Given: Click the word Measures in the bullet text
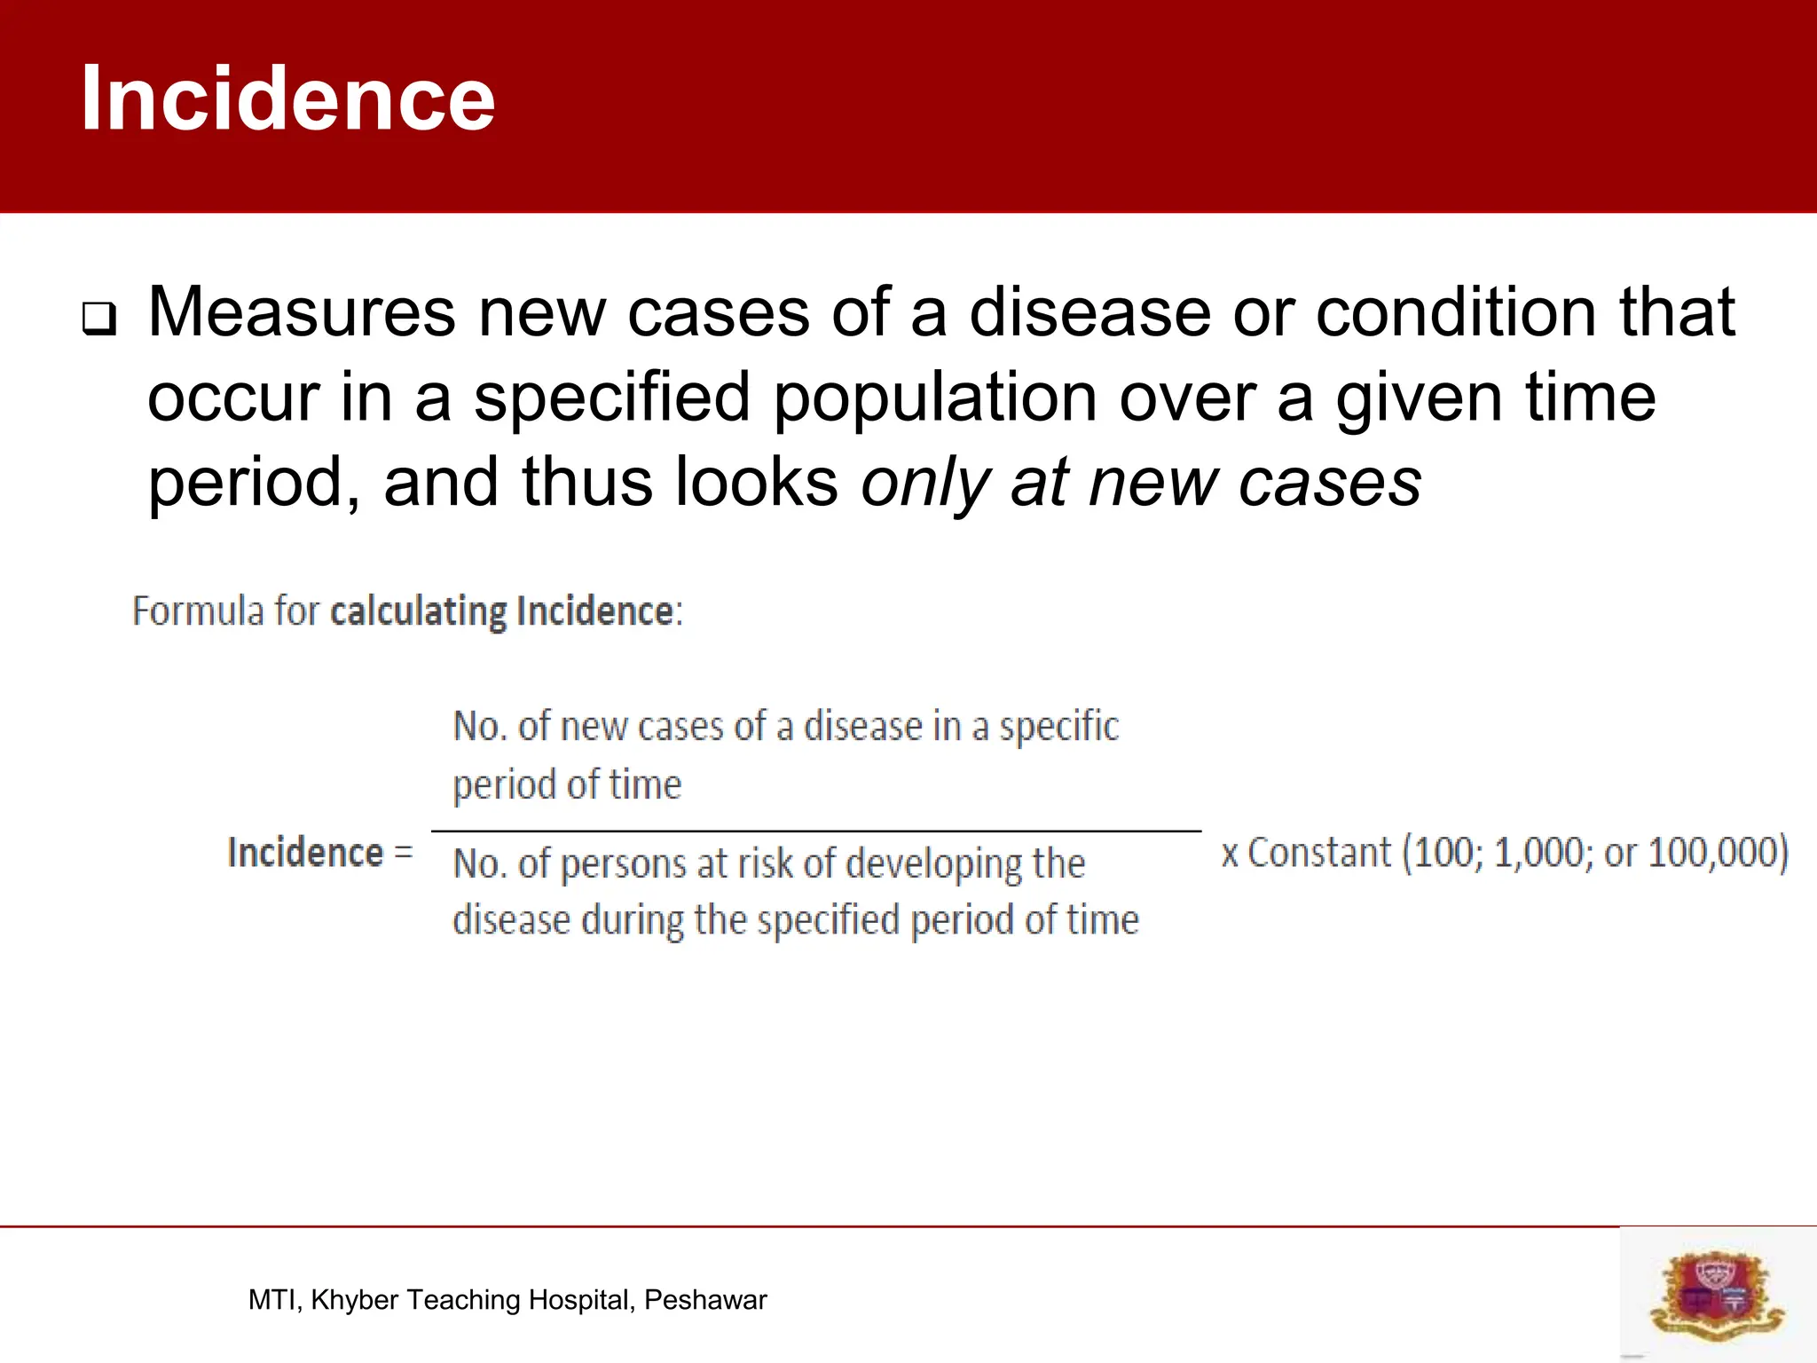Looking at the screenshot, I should tap(302, 312).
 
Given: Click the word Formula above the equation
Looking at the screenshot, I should tap(198, 611).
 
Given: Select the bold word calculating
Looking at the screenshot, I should tap(418, 611).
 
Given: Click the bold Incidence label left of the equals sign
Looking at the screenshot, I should tap(305, 852).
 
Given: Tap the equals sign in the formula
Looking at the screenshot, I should tap(404, 852).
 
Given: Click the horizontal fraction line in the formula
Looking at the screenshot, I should tap(816, 831).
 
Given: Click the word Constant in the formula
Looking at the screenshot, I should tap(1318, 852).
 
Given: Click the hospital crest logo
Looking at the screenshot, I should tap(1717, 1295).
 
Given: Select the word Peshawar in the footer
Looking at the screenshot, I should tap(705, 1300).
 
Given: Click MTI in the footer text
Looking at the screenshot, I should tap(274, 1300).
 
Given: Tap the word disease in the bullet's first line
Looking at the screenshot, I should tap(1089, 312).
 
